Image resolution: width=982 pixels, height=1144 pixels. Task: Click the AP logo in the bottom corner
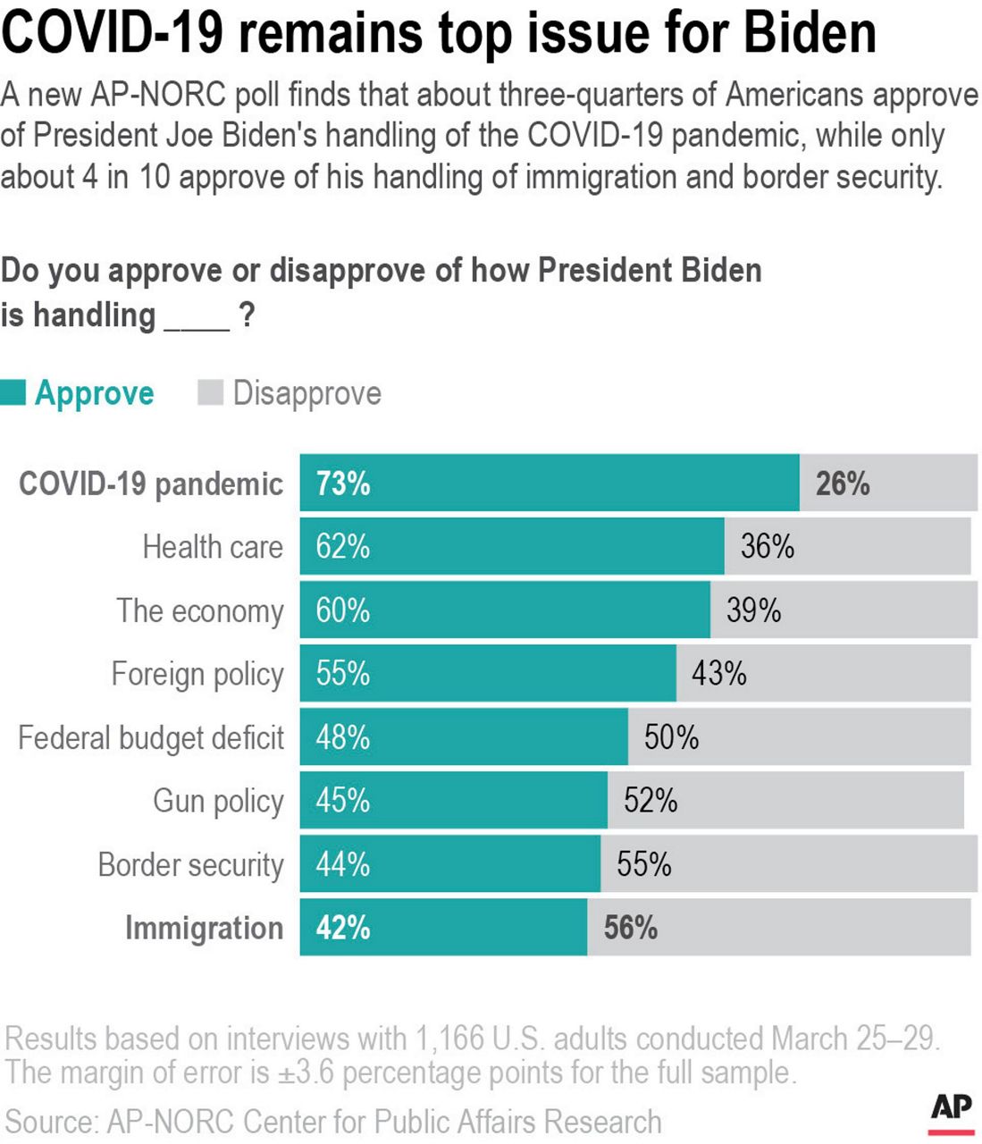(951, 1111)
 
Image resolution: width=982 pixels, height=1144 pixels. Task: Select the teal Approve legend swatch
(13, 393)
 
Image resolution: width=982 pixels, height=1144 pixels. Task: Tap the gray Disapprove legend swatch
(210, 393)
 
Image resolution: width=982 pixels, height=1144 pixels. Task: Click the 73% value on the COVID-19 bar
(343, 484)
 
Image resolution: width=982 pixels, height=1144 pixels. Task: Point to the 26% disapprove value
(842, 484)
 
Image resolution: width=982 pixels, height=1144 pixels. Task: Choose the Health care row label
(213, 547)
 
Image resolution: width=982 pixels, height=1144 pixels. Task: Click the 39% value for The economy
(753, 610)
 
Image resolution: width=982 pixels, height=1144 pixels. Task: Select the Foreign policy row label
(197, 675)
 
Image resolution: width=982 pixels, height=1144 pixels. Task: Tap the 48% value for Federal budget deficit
(343, 737)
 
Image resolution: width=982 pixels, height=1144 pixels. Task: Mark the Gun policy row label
(218, 802)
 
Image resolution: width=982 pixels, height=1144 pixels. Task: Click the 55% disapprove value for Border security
(643, 864)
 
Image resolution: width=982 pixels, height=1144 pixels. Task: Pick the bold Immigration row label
(204, 929)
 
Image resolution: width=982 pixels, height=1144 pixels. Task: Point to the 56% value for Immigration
(630, 928)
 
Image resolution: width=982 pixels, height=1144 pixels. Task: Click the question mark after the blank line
(248, 315)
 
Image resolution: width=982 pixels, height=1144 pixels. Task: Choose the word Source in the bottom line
(49, 1122)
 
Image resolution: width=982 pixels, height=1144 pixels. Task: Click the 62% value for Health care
(343, 547)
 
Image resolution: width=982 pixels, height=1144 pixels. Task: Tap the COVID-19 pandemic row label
(150, 484)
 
